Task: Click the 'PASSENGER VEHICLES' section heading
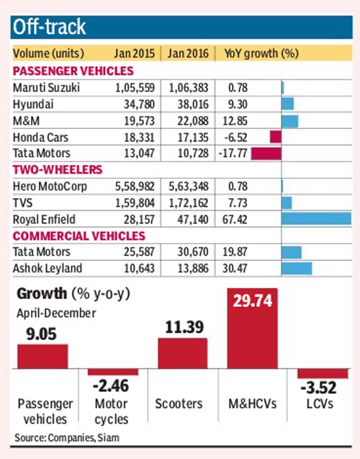pyautogui.click(x=73, y=71)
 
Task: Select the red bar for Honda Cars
pyautogui.click(x=275, y=135)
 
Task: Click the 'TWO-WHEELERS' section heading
pyautogui.click(x=58, y=169)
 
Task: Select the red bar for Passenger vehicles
pyautogui.click(x=42, y=357)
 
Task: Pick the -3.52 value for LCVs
pyautogui.click(x=322, y=390)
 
